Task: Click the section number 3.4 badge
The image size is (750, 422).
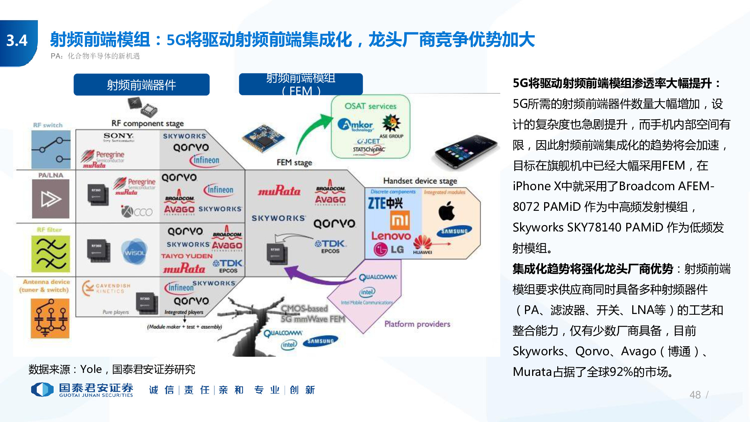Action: coord(17,41)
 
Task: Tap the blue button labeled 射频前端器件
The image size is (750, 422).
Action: coord(141,85)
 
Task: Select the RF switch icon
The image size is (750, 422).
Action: coord(51,149)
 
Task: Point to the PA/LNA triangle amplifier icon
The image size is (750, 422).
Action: coord(51,199)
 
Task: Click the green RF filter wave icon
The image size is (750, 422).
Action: coord(51,254)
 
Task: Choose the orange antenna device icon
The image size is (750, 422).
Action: coord(50,318)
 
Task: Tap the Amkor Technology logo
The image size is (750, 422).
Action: coord(355,125)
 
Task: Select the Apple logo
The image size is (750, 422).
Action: coord(447,211)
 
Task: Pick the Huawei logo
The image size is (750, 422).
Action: coord(423,244)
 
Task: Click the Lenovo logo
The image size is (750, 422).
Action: coord(391,236)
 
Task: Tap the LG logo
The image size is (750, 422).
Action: coord(388,249)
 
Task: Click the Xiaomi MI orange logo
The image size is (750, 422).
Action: coord(399,220)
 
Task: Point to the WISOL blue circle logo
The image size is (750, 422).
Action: coord(134,252)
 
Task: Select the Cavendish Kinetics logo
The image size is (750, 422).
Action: coord(106,288)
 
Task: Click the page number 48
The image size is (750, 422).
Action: coord(695,395)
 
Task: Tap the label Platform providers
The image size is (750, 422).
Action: coord(417,324)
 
